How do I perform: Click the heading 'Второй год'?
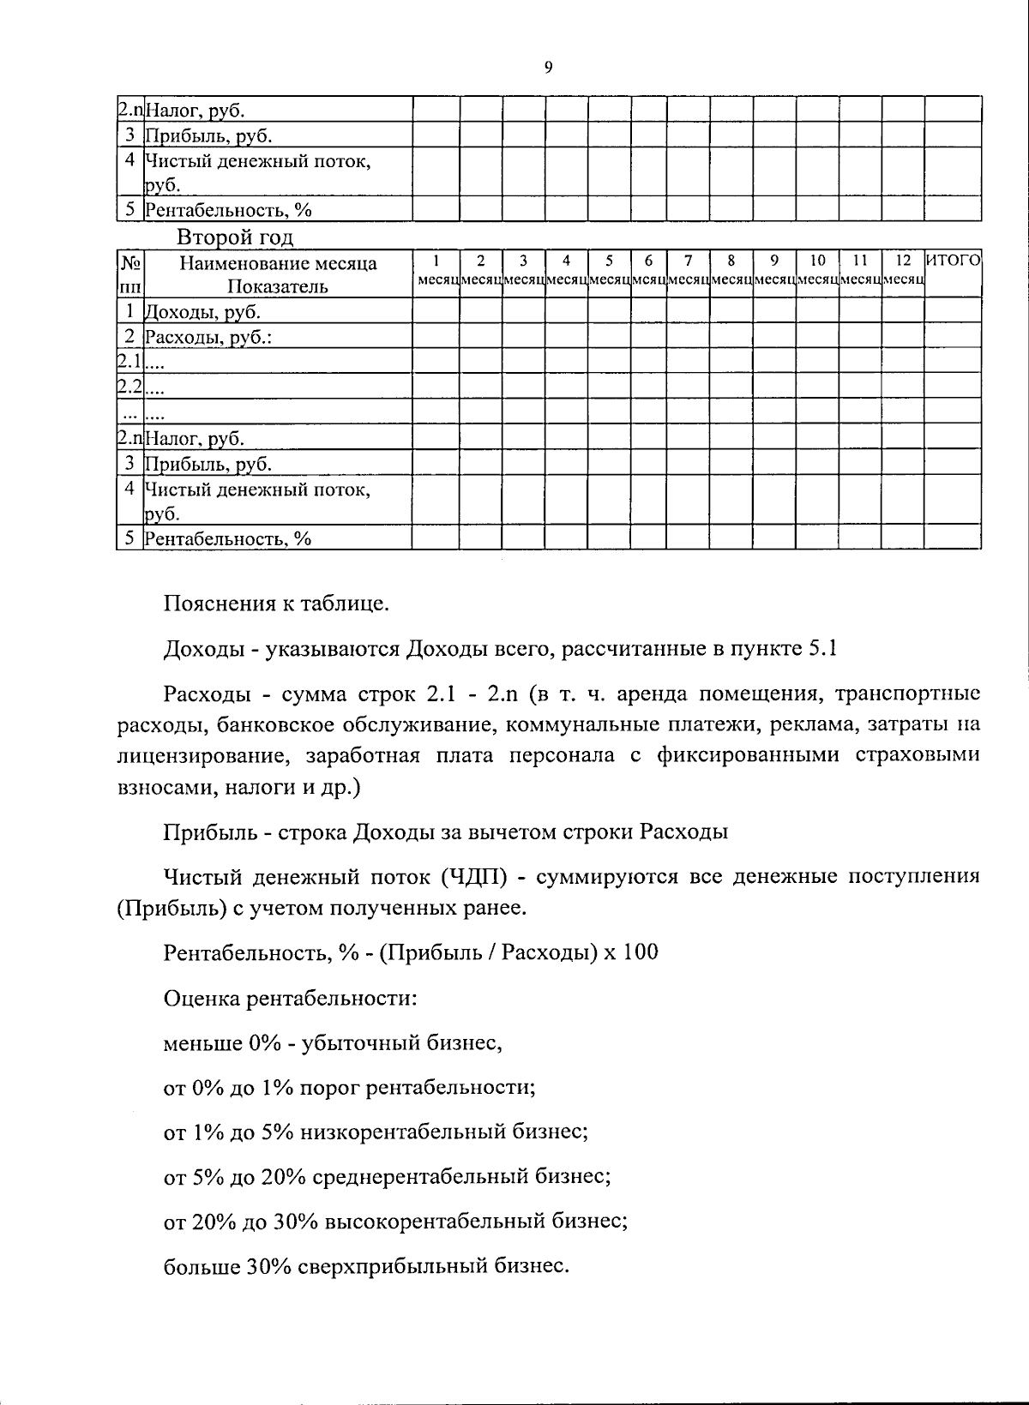click(234, 237)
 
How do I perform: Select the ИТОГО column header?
click(953, 261)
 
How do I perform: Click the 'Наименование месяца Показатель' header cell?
click(277, 274)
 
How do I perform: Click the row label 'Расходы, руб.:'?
click(208, 337)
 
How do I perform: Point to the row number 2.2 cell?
click(129, 387)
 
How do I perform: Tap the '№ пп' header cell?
click(129, 274)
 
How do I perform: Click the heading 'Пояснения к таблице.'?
click(276, 604)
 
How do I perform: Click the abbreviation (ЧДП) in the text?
click(473, 877)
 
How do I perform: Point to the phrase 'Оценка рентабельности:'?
click(291, 999)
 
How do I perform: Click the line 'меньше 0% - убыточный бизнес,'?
click(333, 1043)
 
